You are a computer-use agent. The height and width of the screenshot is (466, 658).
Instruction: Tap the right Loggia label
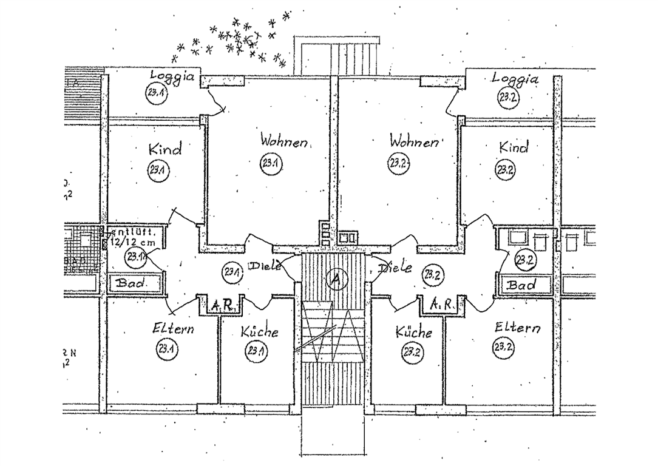[x=515, y=79]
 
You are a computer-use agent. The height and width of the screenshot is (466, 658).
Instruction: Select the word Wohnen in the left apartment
[x=284, y=141]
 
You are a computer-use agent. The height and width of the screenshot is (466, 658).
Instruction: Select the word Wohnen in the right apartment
[x=414, y=142]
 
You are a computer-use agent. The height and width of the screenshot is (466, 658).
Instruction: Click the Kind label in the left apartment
[x=164, y=149]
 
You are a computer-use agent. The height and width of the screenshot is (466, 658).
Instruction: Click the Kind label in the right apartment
[x=514, y=147]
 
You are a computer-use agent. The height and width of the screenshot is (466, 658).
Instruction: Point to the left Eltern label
[x=174, y=329]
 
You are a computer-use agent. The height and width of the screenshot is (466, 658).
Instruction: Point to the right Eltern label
[x=517, y=328]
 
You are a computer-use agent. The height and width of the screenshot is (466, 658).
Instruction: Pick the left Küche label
[x=259, y=332]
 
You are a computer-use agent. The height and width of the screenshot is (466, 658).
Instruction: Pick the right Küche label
[x=413, y=332]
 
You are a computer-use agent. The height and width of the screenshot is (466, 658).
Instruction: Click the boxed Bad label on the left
[x=129, y=282]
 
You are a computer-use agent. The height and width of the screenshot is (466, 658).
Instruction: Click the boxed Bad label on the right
[x=521, y=284]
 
